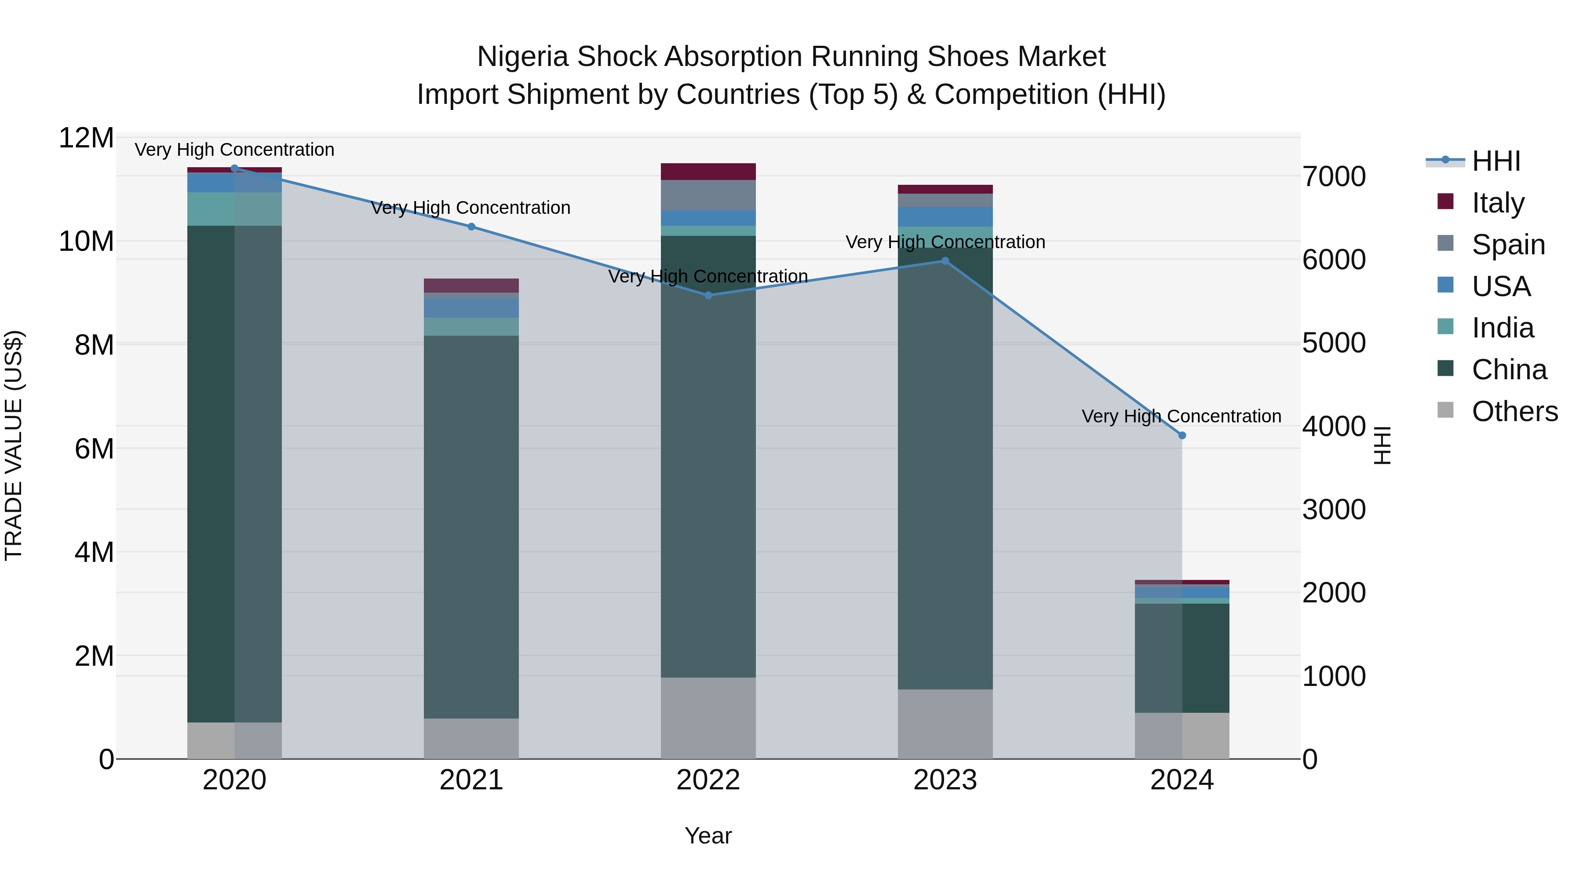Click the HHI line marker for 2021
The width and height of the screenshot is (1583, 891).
tap(471, 226)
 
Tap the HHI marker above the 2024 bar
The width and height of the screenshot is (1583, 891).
tap(1182, 435)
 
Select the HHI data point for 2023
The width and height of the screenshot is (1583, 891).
tap(945, 261)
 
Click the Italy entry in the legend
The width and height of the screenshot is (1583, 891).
tap(1498, 202)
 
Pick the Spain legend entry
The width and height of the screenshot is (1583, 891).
tap(1508, 244)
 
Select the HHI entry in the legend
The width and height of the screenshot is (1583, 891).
tap(1496, 161)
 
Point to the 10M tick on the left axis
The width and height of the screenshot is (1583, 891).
tap(86, 241)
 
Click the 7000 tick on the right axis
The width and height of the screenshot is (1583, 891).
tap(1334, 176)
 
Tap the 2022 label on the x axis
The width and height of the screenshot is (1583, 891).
tap(708, 780)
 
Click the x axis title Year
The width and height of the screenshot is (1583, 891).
tap(708, 836)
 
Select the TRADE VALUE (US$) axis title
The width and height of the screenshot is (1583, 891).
tap(14, 445)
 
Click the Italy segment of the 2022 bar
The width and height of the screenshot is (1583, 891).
tap(708, 172)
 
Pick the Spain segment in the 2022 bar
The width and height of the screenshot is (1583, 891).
tap(708, 195)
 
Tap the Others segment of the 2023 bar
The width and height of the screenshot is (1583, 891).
tap(945, 724)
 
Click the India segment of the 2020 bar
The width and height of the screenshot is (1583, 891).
tap(234, 209)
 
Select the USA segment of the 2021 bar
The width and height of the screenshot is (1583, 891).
tap(471, 308)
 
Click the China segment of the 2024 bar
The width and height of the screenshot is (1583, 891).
tap(1182, 658)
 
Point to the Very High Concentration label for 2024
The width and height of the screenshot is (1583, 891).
tap(1181, 416)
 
